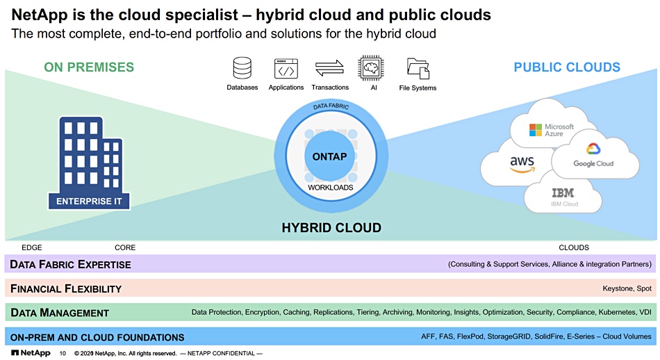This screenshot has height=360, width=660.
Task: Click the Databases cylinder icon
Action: (242, 68)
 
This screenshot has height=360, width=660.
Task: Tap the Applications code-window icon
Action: (286, 69)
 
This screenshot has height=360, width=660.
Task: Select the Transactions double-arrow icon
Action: (329, 68)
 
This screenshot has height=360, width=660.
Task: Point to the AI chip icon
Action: (371, 68)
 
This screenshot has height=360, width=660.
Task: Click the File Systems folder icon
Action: (418, 69)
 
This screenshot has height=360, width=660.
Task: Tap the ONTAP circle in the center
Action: (329, 156)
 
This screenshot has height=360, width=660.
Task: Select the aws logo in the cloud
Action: (522, 164)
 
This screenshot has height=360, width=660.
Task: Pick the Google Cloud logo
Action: (593, 155)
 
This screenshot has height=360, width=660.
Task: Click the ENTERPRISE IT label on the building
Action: (89, 202)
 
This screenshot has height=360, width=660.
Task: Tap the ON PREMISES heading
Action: (89, 67)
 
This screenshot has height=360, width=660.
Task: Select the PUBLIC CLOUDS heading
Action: (567, 67)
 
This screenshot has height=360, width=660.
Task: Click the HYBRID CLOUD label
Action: (331, 228)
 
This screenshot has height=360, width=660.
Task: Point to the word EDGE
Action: (32, 247)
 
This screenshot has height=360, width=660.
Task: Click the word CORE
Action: (125, 247)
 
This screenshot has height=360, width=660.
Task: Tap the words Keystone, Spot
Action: (627, 288)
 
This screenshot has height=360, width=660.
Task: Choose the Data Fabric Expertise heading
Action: (70, 264)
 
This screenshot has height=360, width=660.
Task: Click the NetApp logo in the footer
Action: (31, 353)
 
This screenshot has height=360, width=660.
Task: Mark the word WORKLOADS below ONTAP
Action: (331, 188)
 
